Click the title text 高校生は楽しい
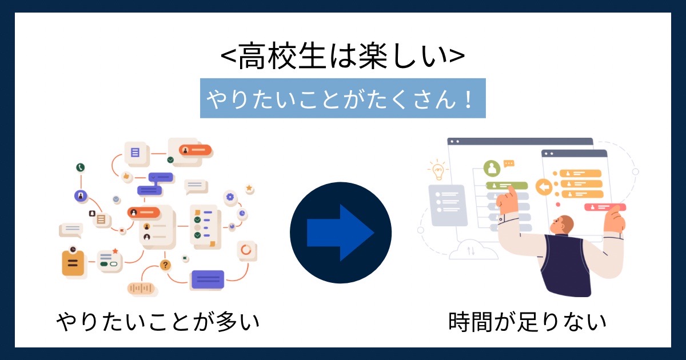click(x=342, y=56)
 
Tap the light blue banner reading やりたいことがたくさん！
click(x=342, y=98)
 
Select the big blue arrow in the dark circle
click(x=340, y=233)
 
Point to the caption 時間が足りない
click(x=527, y=322)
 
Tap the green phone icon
click(x=80, y=167)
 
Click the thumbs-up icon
click(x=126, y=177)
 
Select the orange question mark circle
click(x=165, y=265)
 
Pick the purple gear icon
click(x=230, y=197)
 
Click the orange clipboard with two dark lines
click(x=73, y=263)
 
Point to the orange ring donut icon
click(x=246, y=250)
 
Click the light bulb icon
click(x=438, y=170)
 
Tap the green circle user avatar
click(x=492, y=169)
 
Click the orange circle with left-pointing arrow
click(x=544, y=187)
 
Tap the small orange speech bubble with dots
click(x=509, y=163)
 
